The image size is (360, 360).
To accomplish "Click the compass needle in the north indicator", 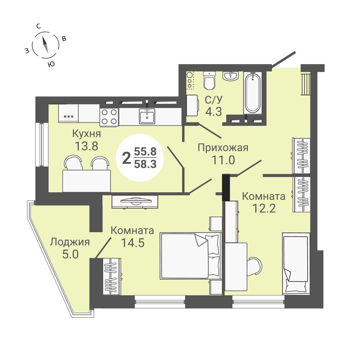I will pyautogui.click(x=45, y=45).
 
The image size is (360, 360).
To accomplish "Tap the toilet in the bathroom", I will pyautogui.click(x=209, y=81).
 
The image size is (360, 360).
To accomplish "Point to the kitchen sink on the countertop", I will pyautogui.click(x=147, y=116).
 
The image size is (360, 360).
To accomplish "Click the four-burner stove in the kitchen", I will pyautogui.click(x=109, y=117).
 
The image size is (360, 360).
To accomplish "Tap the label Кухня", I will pyautogui.click(x=86, y=133).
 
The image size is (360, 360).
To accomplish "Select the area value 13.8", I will pyautogui.click(x=86, y=146).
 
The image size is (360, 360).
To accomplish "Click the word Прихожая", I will pyautogui.click(x=223, y=148).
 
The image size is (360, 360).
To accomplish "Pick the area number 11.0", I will pyautogui.click(x=223, y=160).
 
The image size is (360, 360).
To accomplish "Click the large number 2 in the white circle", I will pyautogui.click(x=127, y=158).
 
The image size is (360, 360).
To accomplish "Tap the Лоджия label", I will pyautogui.click(x=70, y=242).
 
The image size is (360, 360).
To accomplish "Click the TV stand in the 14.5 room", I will pyautogui.click(x=135, y=201).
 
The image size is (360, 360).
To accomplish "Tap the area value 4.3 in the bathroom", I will pyautogui.click(x=213, y=112).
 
